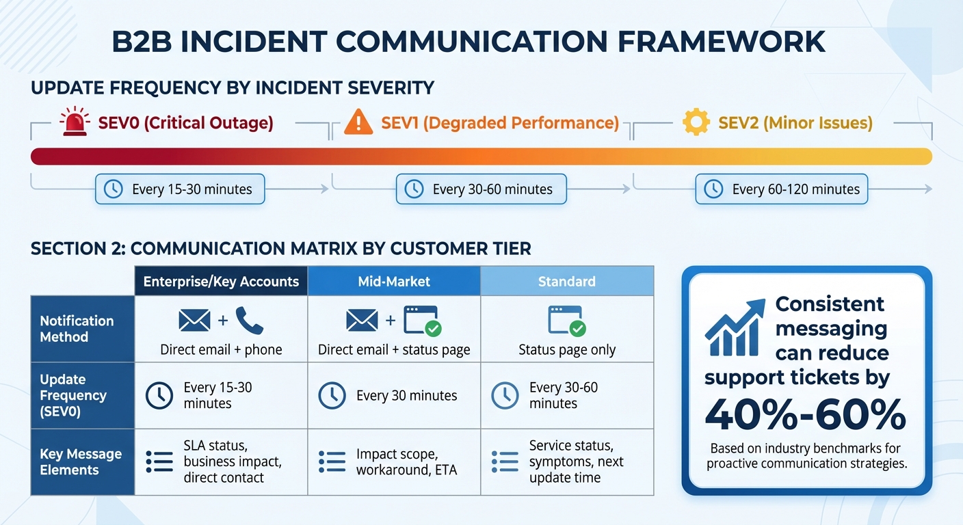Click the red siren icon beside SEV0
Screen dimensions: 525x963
(x=74, y=122)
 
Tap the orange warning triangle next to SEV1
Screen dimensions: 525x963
(x=358, y=122)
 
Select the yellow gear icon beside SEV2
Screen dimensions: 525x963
(x=696, y=122)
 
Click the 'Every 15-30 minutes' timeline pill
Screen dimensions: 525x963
(x=179, y=189)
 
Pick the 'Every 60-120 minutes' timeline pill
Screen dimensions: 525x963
(x=781, y=189)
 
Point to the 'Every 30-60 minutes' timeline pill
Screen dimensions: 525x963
(x=481, y=189)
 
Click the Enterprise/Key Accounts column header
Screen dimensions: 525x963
(x=221, y=281)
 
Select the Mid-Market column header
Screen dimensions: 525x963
(x=394, y=281)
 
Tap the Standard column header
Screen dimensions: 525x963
(x=567, y=281)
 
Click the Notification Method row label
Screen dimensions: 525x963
(x=77, y=329)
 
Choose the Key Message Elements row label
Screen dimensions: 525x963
(x=81, y=462)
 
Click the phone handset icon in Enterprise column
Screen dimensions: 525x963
(x=249, y=320)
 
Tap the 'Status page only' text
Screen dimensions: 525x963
(x=567, y=350)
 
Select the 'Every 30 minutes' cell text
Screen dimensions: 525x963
(x=406, y=396)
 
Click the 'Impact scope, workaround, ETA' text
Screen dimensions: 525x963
(x=406, y=462)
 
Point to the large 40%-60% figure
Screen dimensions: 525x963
(x=806, y=414)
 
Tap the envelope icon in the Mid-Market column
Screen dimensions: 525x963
(x=362, y=320)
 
